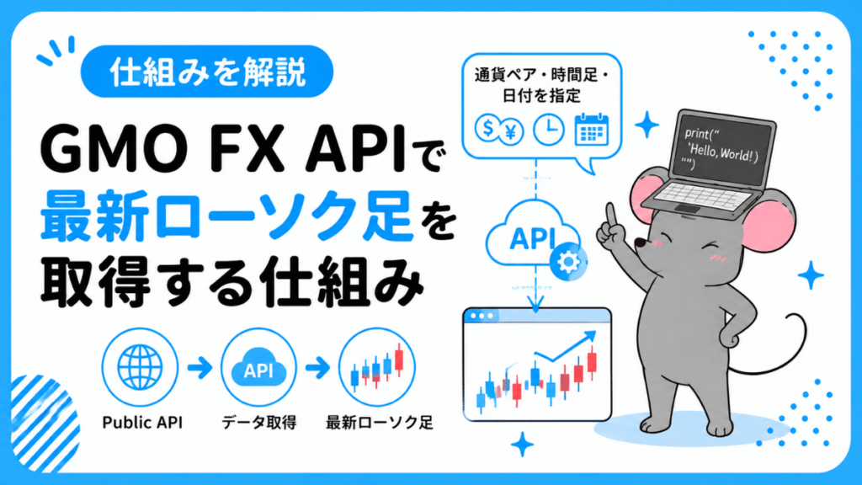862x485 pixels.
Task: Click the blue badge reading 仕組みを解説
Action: [207, 72]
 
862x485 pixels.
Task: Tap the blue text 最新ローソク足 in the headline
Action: [226, 216]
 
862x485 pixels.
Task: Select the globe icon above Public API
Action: [141, 367]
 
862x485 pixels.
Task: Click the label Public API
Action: [142, 423]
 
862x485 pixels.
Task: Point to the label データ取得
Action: [259, 423]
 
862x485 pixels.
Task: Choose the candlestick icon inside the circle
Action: [376, 367]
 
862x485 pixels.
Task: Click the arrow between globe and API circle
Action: [200, 367]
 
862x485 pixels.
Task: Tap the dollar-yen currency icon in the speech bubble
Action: [498, 130]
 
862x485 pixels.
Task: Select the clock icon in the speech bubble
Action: [549, 130]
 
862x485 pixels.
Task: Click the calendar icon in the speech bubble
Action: [592, 129]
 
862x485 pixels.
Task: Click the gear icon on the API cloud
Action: [568, 262]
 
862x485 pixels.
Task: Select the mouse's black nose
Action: [640, 242]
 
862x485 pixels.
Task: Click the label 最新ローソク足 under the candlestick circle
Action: [380, 423]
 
